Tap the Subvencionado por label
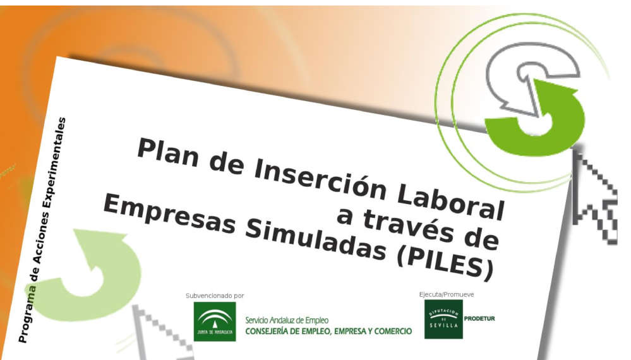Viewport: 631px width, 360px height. (x=214, y=296)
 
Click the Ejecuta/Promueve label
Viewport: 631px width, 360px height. (x=446, y=294)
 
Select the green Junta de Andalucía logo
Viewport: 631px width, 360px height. (x=214, y=321)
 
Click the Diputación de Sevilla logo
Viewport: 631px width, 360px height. (x=443, y=319)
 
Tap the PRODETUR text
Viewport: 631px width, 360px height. (x=479, y=318)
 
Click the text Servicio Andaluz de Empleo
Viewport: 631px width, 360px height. (x=287, y=320)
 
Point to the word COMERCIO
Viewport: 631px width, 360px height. (x=390, y=331)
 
